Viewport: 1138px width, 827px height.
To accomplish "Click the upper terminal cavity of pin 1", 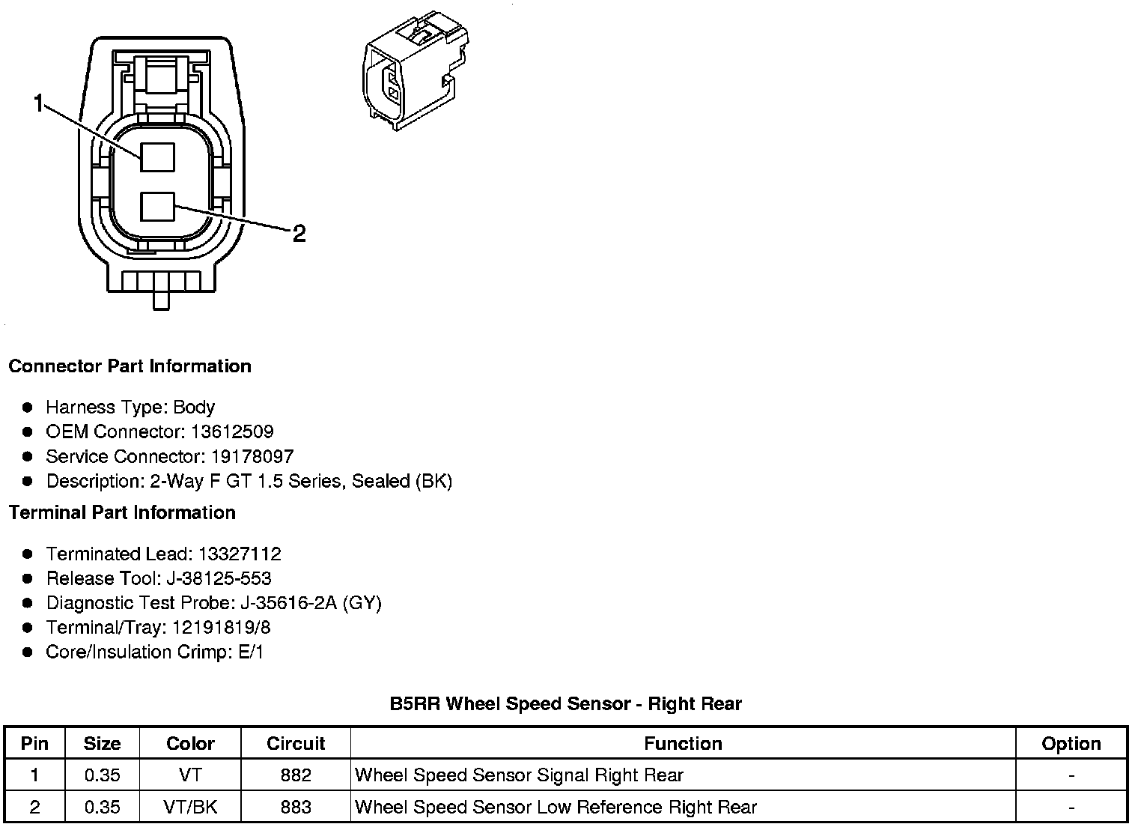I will pyautogui.click(x=157, y=157).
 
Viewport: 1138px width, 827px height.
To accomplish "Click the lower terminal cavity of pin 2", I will pyautogui.click(x=157, y=207).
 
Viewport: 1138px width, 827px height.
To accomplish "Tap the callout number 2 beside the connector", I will pyautogui.click(x=299, y=234).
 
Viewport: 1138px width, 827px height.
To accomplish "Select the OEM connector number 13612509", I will pyautogui.click(x=232, y=431).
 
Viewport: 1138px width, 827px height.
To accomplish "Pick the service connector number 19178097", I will pyautogui.click(x=252, y=456).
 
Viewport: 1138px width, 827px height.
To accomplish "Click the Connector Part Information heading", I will pyautogui.click(x=130, y=366).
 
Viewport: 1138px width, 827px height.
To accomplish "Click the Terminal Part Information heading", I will pyautogui.click(x=122, y=512).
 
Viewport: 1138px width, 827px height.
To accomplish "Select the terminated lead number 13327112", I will pyautogui.click(x=240, y=554).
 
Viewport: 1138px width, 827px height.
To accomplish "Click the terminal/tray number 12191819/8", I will pyautogui.click(x=222, y=627).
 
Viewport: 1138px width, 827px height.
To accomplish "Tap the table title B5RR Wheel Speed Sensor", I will pyautogui.click(x=565, y=703).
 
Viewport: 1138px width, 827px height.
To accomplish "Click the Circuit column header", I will pyautogui.click(x=296, y=743).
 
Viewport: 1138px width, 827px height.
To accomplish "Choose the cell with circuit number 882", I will pyautogui.click(x=296, y=775).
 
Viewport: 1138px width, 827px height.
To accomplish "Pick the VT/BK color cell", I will pyautogui.click(x=191, y=807).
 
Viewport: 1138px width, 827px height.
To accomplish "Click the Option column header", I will pyautogui.click(x=1071, y=743).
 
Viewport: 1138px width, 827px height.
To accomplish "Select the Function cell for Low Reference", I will pyautogui.click(x=556, y=807).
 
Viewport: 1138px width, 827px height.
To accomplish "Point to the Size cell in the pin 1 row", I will pyautogui.click(x=103, y=775).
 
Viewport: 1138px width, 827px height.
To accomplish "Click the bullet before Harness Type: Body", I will pyautogui.click(x=28, y=408).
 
